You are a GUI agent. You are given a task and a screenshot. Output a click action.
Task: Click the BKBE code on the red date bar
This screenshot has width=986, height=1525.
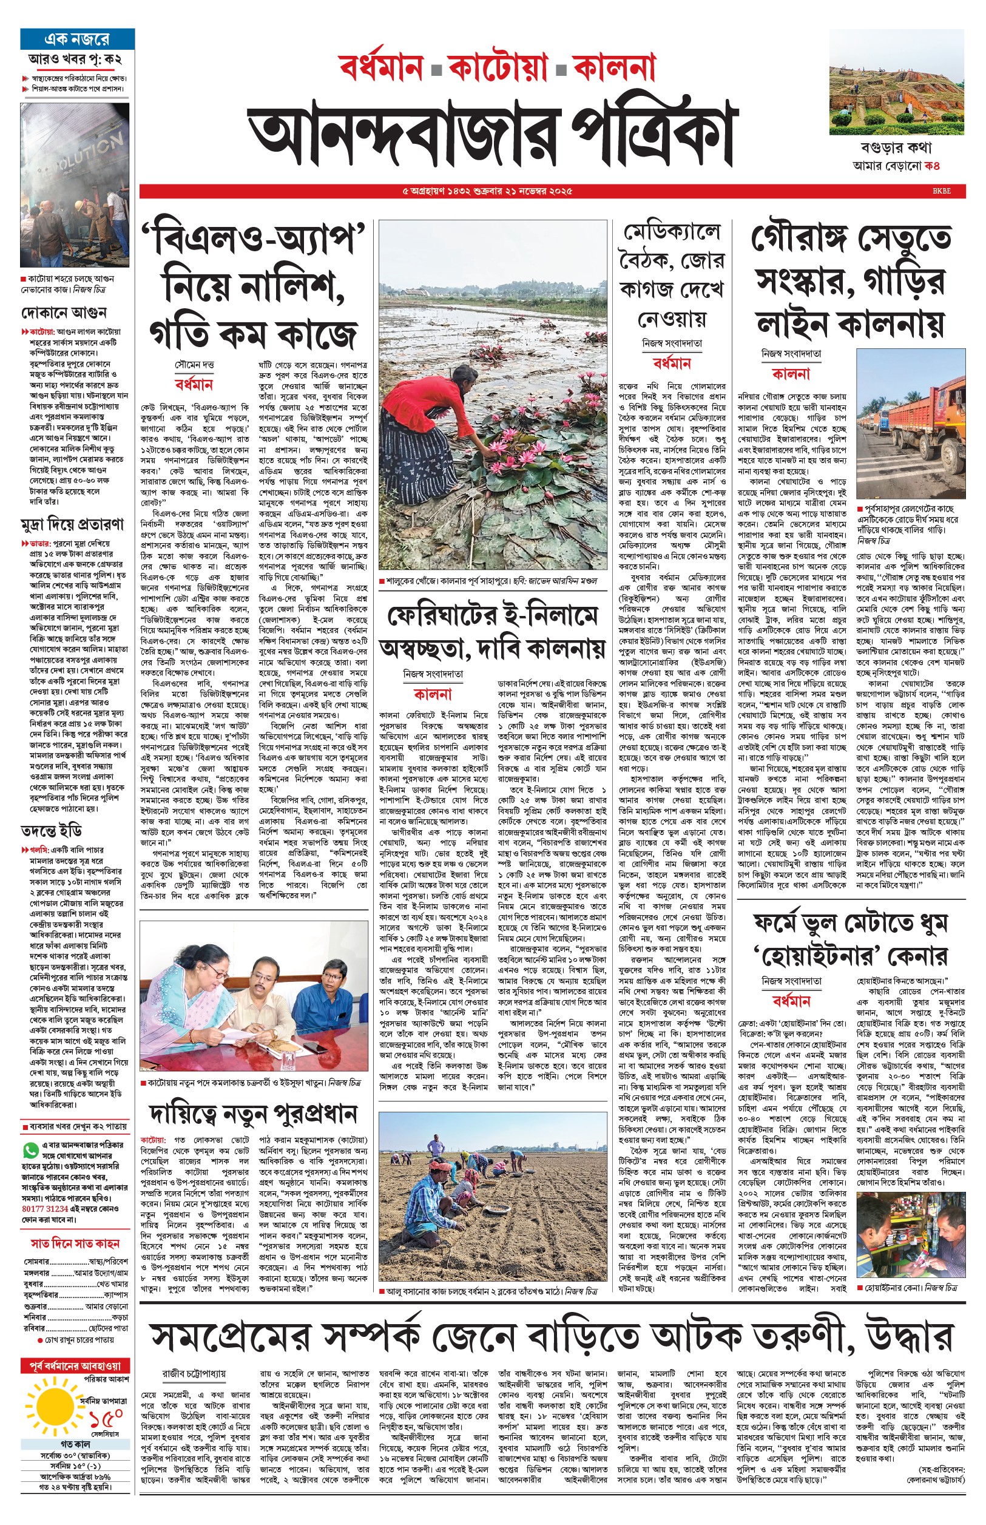[x=941, y=191]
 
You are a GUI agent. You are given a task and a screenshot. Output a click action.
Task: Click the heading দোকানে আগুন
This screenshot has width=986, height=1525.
[x=64, y=313]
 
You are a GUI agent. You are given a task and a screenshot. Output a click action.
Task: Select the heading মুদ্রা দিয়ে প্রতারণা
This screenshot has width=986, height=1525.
[x=72, y=524]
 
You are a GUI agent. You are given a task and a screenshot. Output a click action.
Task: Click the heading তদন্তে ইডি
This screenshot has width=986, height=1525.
[x=51, y=831]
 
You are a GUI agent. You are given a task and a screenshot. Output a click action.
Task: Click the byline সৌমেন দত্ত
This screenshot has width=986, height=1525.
[x=194, y=364]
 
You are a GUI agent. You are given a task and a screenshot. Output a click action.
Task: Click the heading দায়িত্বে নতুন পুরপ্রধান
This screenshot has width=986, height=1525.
[x=254, y=1114]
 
